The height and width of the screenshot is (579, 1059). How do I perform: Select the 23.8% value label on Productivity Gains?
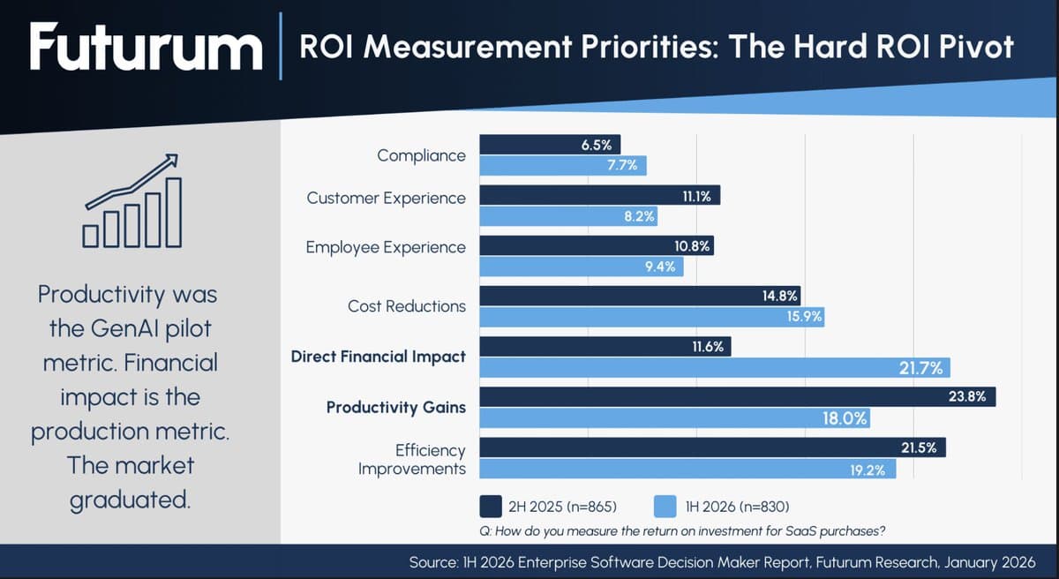point(966,397)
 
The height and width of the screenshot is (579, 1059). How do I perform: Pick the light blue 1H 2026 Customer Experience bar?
point(547,216)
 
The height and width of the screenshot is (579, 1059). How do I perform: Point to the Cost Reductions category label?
point(406,306)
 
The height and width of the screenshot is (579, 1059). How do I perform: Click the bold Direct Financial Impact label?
point(378,357)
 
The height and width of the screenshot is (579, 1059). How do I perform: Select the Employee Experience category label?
point(386,247)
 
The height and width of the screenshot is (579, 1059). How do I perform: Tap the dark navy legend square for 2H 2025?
point(491,506)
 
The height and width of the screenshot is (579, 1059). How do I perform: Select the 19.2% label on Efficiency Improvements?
point(867,470)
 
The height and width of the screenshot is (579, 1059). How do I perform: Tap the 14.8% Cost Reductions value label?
point(780,296)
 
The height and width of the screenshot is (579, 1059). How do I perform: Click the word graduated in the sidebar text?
point(130,499)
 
